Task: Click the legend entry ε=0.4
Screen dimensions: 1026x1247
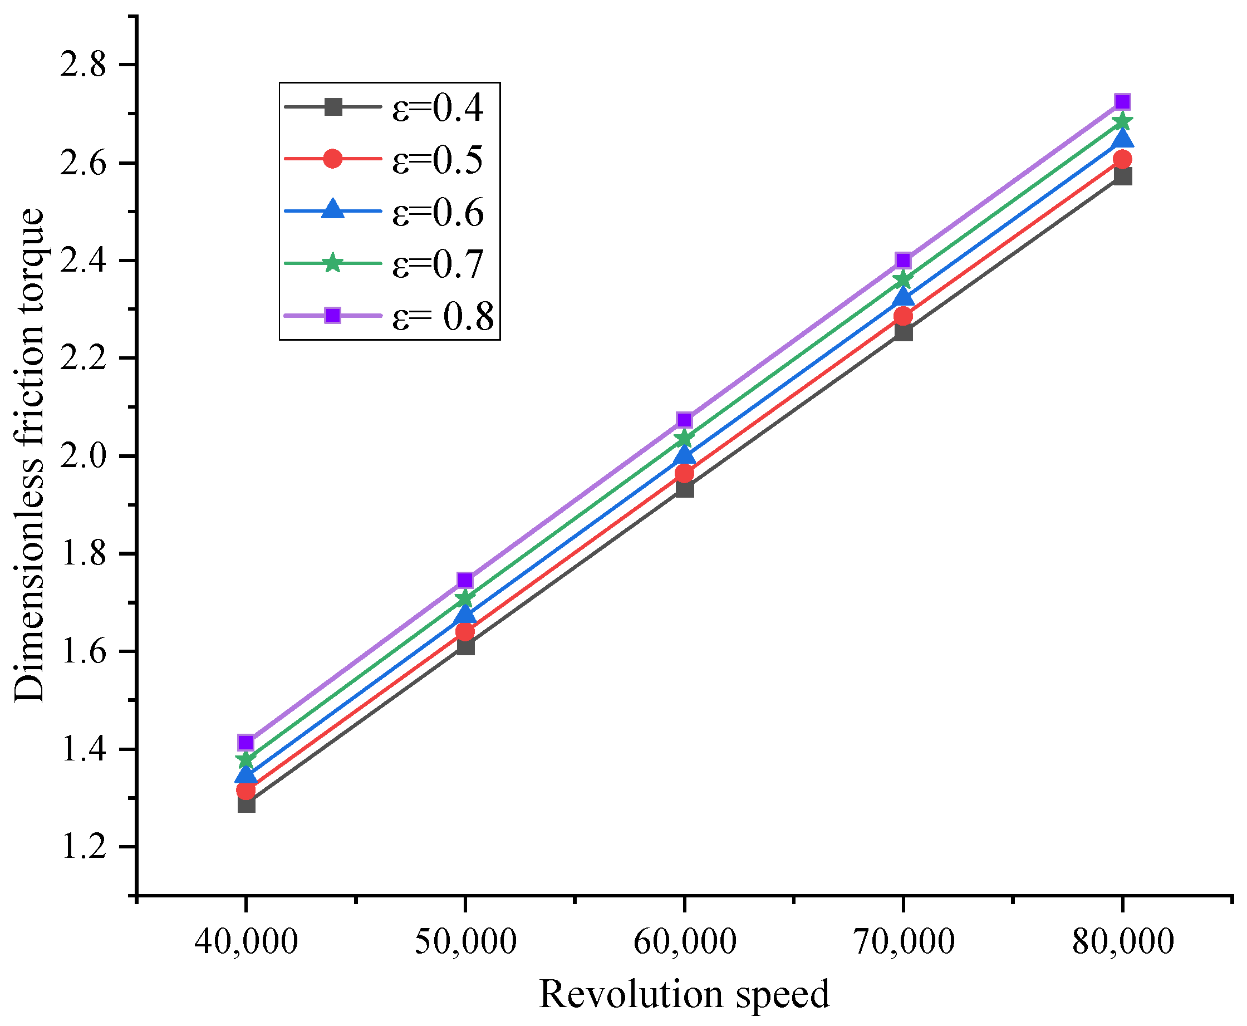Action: point(438,107)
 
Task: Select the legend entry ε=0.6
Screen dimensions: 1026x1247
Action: point(438,212)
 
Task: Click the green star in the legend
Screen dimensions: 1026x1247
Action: point(333,263)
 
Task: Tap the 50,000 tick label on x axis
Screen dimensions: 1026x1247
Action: point(465,941)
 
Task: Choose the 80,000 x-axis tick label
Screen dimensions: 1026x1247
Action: point(1123,941)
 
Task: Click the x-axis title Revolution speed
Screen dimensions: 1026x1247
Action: point(684,994)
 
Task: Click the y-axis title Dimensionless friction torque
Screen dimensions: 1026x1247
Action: point(30,455)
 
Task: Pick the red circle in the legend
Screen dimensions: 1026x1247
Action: point(333,159)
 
